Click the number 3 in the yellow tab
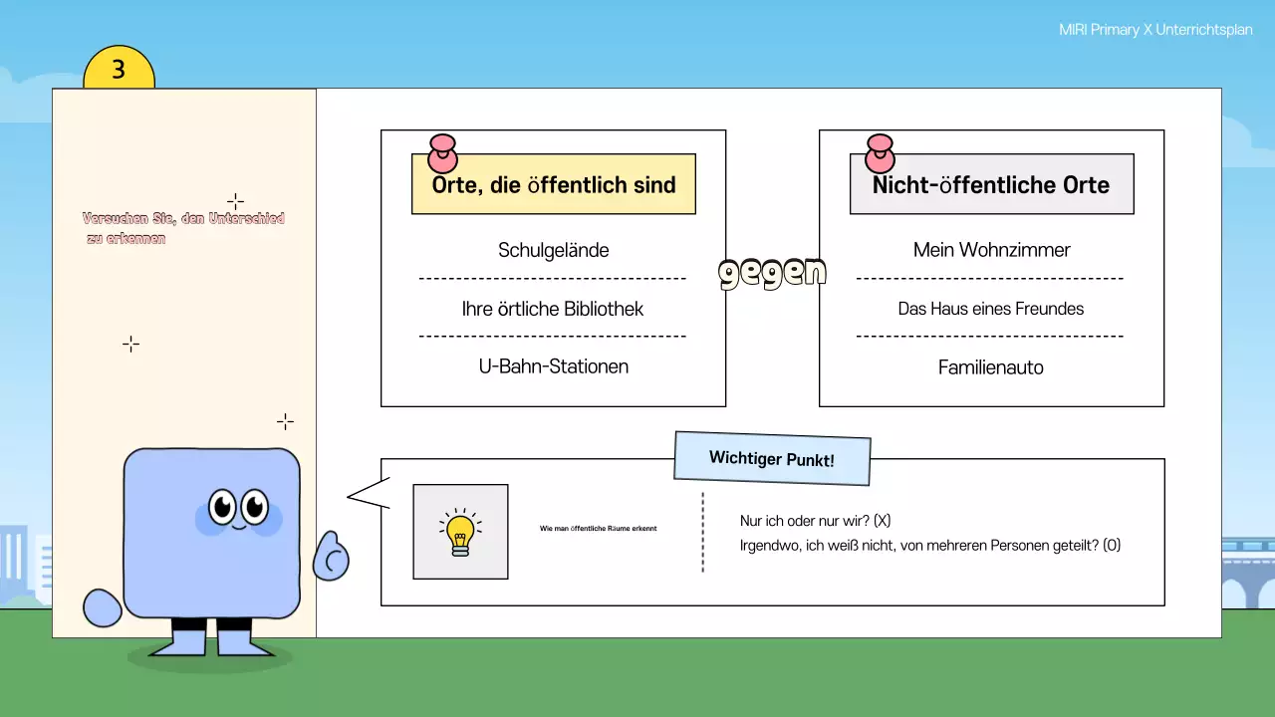[119, 70]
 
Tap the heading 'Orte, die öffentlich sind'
[554, 185]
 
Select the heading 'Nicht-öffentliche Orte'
[991, 185]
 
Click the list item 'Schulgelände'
[553, 250]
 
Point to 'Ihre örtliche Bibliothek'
[553, 309]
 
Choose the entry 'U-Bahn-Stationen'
[553, 366]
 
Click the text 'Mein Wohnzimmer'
[991, 250]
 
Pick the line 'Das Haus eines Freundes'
[991, 309]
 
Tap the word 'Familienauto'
[991, 367]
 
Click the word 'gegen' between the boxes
[772, 272]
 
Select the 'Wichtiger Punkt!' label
[772, 459]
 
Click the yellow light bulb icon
[460, 533]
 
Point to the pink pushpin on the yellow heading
[441, 153]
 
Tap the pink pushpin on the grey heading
[880, 153]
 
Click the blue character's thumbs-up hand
[331, 557]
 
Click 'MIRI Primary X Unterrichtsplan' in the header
[1154, 31]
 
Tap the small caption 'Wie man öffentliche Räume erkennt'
[598, 528]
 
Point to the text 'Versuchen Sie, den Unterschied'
[183, 218]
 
